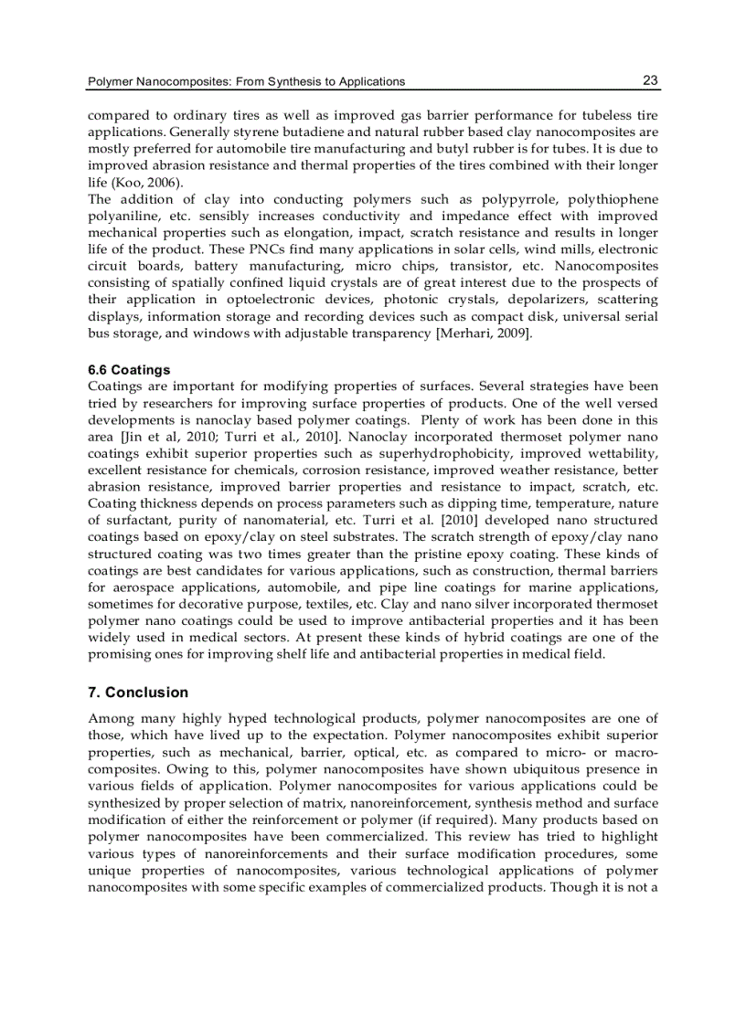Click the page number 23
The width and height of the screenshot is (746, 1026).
pos(650,80)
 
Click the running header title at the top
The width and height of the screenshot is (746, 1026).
pos(246,81)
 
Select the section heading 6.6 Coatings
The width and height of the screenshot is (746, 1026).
pos(129,370)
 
